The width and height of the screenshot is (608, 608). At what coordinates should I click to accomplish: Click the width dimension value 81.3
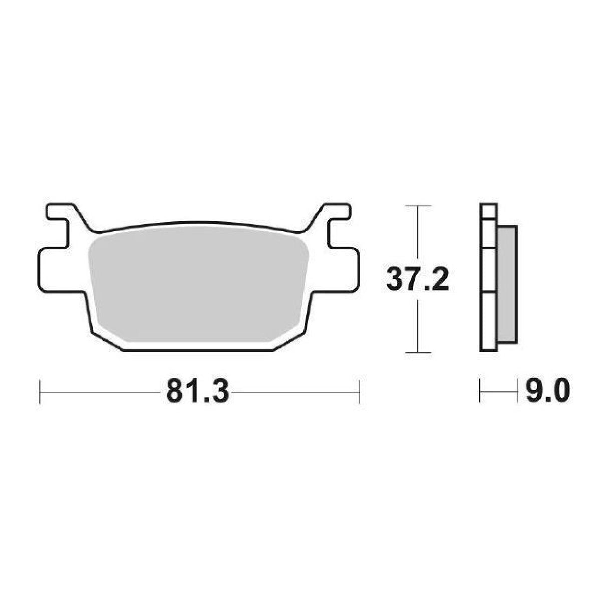point(197,392)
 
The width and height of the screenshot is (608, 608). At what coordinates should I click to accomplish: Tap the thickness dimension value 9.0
point(547,391)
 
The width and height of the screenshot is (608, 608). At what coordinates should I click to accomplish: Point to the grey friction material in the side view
point(507,284)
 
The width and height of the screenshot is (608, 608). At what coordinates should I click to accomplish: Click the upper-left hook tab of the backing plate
point(60,212)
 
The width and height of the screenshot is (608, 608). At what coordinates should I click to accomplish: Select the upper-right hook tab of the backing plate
point(336,212)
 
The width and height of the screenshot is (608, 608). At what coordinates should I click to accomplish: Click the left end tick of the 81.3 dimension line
point(40,392)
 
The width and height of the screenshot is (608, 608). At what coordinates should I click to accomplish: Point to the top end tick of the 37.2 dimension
point(417,206)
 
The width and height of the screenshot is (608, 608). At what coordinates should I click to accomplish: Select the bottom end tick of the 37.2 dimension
point(417,353)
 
